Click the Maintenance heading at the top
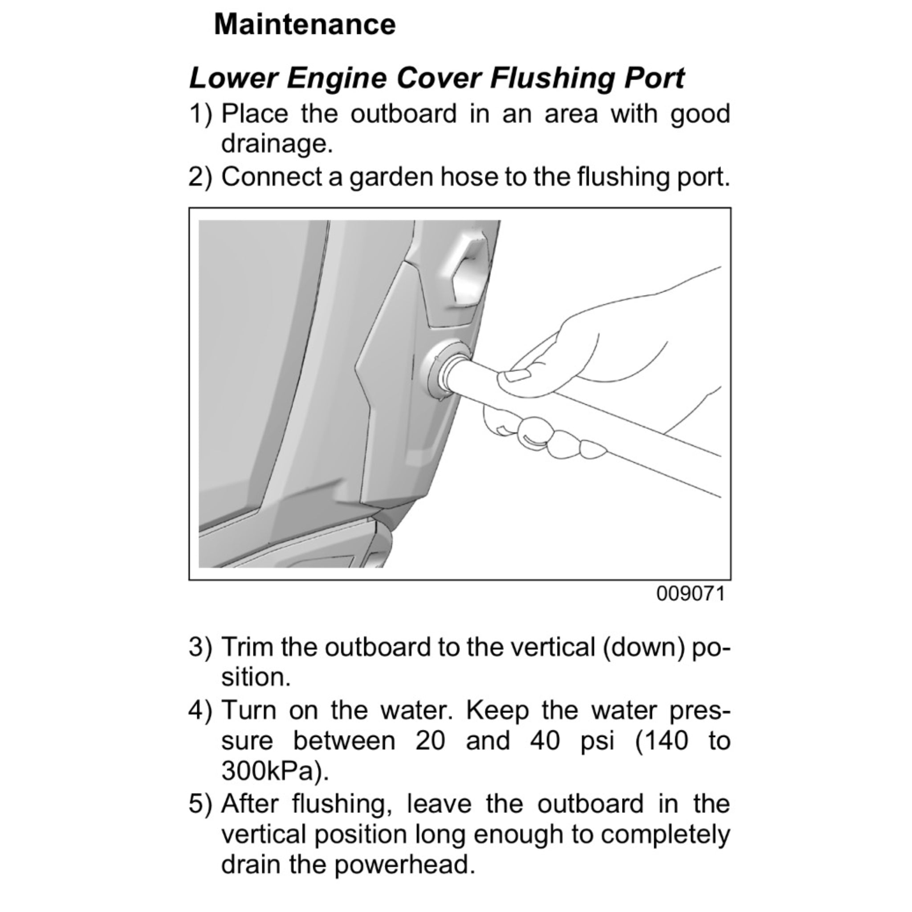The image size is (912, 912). click(x=305, y=24)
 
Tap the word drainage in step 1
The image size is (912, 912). click(x=277, y=144)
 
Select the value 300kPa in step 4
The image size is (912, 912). click(x=273, y=771)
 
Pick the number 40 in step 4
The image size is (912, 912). click(x=544, y=740)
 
